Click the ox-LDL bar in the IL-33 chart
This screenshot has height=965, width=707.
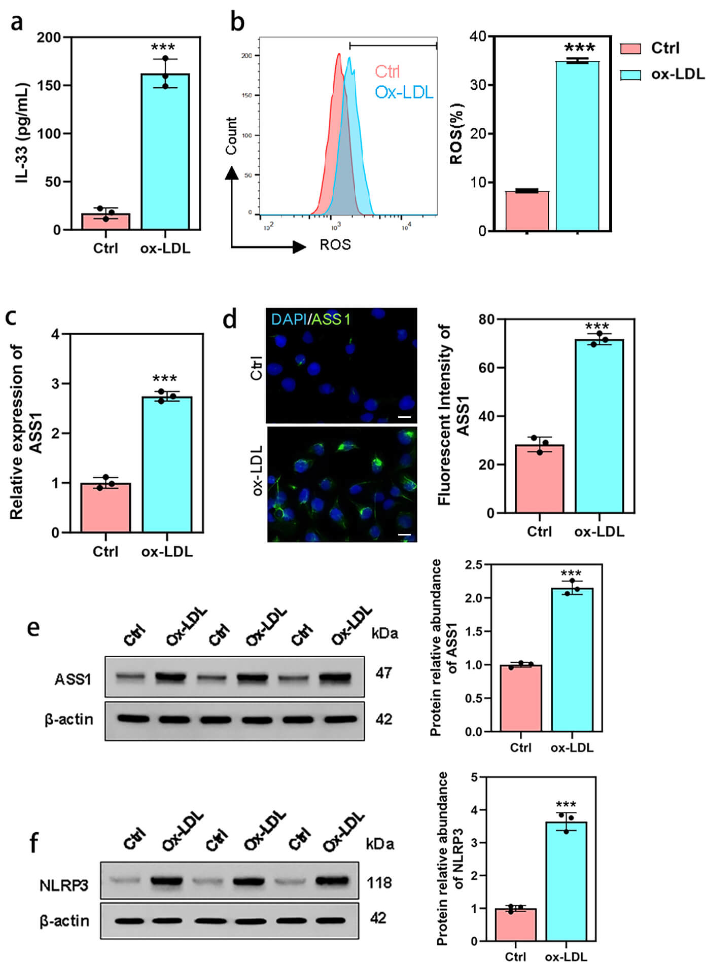tap(165, 152)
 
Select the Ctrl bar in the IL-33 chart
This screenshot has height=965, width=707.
tap(105, 222)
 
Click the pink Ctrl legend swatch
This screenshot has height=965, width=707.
tap(630, 49)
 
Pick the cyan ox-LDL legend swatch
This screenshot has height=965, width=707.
tap(630, 75)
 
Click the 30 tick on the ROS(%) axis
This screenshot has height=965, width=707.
tap(478, 85)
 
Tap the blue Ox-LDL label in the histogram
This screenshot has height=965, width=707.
tap(404, 92)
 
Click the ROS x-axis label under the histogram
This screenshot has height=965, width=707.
tap(335, 245)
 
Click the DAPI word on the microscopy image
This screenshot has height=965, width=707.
tap(289, 319)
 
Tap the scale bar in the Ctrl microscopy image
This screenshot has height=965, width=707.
tap(404, 417)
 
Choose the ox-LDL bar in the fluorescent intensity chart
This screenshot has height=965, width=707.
tap(599, 426)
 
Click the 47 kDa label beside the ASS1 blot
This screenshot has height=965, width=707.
tap(383, 673)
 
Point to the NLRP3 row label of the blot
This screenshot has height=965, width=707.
tap(64, 885)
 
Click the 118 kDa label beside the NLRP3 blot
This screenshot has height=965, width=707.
tap(379, 883)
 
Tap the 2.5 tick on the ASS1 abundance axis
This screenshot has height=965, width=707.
tap(474, 564)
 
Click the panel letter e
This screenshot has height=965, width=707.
tap(33, 628)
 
